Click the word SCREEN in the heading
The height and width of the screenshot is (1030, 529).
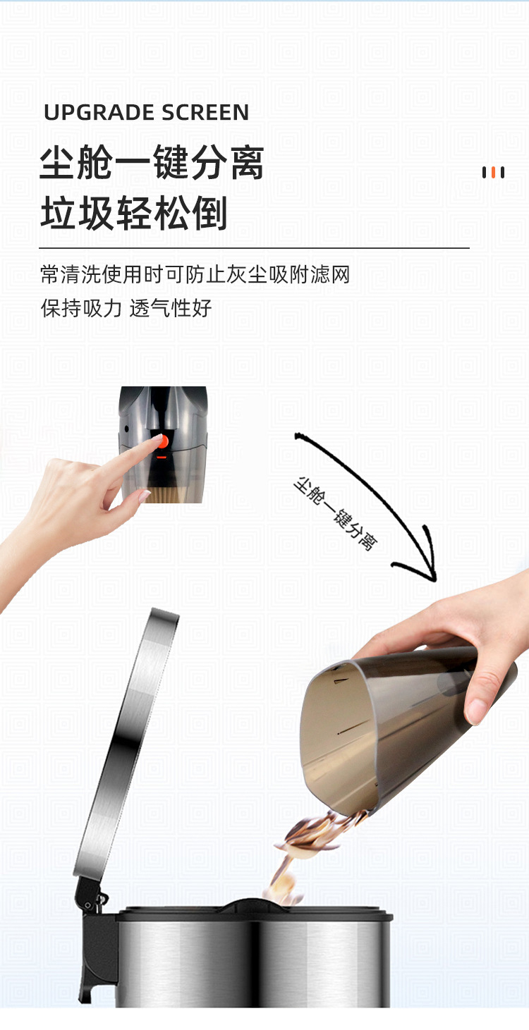click(205, 113)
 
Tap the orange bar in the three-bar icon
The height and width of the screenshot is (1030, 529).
click(493, 173)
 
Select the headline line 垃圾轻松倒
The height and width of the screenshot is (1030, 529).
click(134, 212)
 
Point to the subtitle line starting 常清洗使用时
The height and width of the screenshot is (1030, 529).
click(195, 274)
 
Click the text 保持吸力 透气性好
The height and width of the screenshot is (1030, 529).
click(126, 307)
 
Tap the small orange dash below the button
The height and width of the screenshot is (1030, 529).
click(162, 457)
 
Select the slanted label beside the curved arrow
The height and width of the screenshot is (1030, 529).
click(335, 513)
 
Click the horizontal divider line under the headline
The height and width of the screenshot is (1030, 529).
click(254, 248)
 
